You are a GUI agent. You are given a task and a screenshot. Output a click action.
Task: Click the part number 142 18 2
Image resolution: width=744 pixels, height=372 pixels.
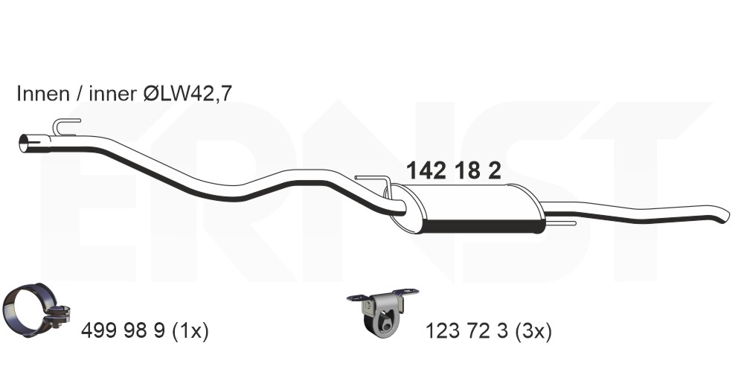[454, 171]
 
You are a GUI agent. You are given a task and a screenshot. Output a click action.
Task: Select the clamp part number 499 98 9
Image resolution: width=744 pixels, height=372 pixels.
[124, 331]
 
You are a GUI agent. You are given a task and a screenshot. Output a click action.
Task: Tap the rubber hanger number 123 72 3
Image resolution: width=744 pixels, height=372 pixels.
[467, 331]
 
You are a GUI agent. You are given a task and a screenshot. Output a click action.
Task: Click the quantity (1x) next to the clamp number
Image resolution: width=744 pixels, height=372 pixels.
[189, 331]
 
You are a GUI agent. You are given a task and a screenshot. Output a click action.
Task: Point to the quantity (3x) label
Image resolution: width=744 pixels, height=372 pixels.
[533, 331]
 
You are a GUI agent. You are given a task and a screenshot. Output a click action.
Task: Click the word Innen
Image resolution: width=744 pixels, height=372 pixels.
[43, 94]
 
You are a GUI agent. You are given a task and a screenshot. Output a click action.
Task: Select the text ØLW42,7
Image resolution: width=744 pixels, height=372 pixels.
[187, 94]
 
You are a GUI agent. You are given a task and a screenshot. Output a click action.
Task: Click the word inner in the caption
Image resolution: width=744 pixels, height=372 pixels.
[112, 94]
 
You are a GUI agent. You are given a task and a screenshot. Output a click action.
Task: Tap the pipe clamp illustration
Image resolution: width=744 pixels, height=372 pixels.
[36, 310]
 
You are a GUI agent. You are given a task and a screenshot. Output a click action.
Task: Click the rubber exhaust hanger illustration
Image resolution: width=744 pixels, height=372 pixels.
[382, 310]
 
